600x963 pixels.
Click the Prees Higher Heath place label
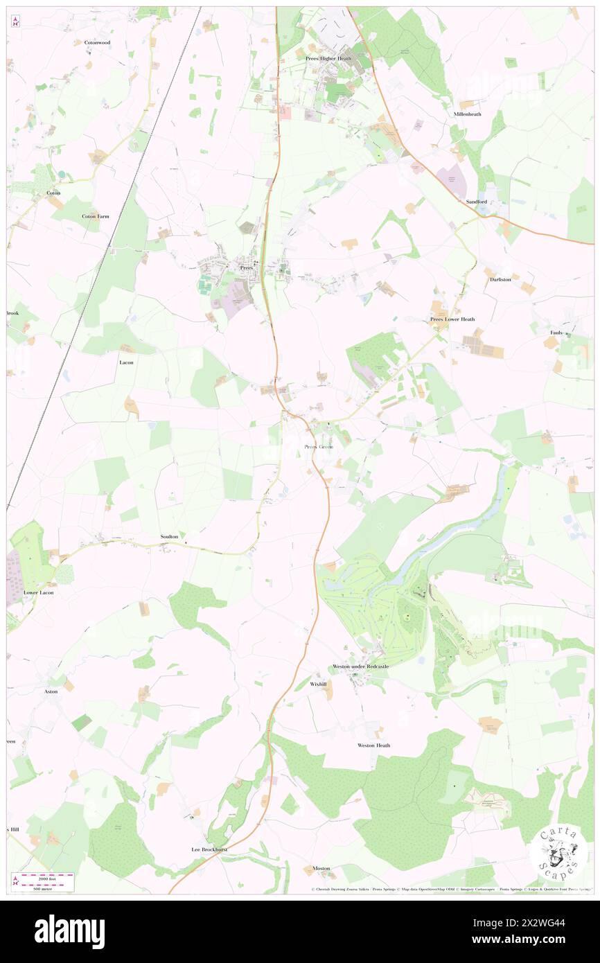[x=328, y=58]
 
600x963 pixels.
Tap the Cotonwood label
[x=98, y=42]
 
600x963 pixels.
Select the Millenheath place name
[x=468, y=114]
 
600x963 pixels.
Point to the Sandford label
[x=477, y=202]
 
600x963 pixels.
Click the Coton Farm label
[x=96, y=216]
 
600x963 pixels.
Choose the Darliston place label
[x=500, y=279]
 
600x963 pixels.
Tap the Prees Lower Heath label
[x=452, y=319]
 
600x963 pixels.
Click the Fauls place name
[x=556, y=333]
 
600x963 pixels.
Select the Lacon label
[x=126, y=362]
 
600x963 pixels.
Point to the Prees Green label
[x=319, y=447]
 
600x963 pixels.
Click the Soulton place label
[x=169, y=537]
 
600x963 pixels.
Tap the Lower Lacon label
[x=39, y=593]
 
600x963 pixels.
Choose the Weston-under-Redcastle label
[x=360, y=666]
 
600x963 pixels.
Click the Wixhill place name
[x=318, y=683]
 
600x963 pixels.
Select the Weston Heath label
[x=373, y=745]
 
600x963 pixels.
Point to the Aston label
[x=51, y=691]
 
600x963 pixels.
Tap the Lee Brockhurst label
[x=210, y=849]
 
